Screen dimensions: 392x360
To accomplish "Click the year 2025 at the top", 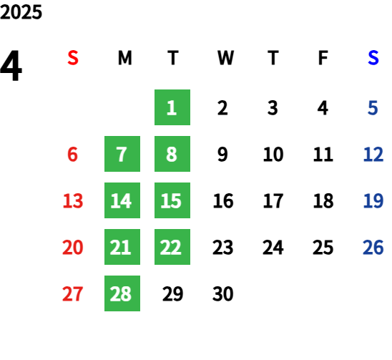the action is (21, 12).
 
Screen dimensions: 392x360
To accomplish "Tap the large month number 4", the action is (11, 66).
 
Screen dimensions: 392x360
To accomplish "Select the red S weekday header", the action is (73, 58).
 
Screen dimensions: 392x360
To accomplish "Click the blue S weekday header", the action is (373, 58).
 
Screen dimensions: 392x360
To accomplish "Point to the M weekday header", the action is (124, 58).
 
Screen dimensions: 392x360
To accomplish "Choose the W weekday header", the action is (225, 58).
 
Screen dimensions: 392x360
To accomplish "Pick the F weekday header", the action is (323, 58).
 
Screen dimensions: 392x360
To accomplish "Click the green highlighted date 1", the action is (172, 107).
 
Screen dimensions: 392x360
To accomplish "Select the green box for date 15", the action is (172, 200).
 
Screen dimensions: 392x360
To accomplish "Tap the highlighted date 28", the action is (122, 293).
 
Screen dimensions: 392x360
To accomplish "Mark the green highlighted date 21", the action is (122, 247).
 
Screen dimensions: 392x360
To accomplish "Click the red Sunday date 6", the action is (72, 154).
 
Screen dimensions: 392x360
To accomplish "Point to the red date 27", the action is (72, 293).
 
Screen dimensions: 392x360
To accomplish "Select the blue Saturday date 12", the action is (373, 154).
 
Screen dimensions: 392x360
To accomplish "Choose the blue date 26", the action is (373, 247).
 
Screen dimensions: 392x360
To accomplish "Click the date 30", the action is (222, 293).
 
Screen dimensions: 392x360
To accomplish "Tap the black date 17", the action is (273, 200).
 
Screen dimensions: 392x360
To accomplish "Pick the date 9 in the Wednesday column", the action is (222, 154).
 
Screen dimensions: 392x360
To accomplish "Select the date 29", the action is (172, 293).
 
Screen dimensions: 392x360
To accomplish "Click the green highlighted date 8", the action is (172, 154).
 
